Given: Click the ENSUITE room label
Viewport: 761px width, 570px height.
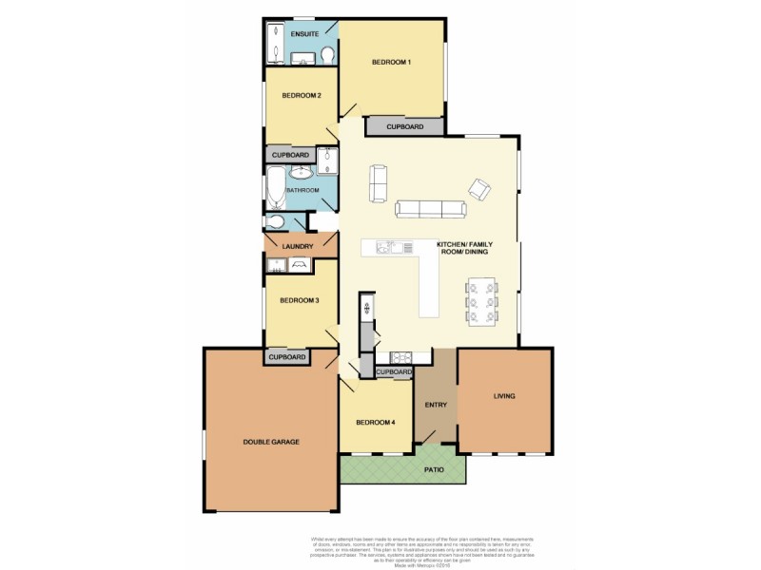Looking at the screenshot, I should (304, 34).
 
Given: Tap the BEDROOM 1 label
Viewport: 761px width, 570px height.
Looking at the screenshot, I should (391, 63).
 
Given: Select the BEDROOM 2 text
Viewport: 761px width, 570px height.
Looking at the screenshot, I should (300, 95).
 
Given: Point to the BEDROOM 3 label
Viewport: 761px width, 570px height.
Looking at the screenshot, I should (299, 301).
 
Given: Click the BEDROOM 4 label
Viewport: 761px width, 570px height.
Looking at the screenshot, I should (375, 423).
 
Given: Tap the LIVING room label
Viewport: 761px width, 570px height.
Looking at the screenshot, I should (504, 396).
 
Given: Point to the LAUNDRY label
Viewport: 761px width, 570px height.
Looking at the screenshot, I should (299, 246).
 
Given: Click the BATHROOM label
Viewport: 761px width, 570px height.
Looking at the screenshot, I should (302, 190).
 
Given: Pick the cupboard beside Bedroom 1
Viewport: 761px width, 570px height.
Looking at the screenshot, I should (405, 126).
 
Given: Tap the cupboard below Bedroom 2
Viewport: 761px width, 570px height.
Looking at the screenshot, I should (290, 155).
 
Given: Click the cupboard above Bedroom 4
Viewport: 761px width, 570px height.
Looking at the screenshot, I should (393, 372).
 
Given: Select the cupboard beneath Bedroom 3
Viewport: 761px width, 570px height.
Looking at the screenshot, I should (286, 357).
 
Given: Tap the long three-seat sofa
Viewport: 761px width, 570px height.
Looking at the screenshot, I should (430, 209).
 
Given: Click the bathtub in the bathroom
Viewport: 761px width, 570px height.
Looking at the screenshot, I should (275, 188).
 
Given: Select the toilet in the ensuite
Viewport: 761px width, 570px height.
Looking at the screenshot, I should (327, 54).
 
